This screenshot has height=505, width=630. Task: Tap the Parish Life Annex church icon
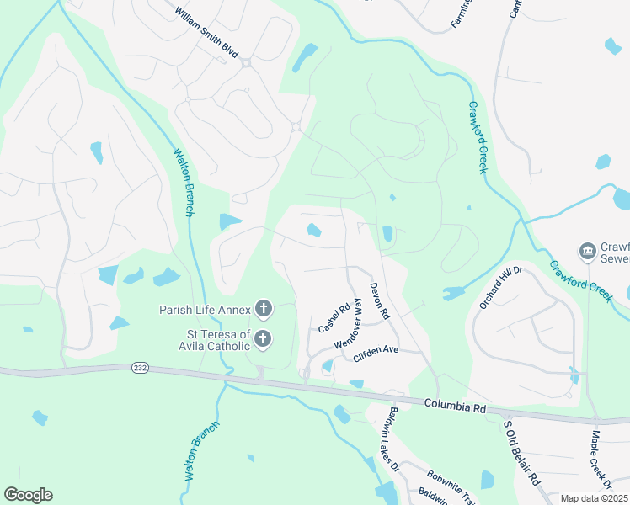point(264,310)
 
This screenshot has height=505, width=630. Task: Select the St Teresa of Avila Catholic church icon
point(263,340)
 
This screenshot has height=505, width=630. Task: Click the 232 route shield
point(140,368)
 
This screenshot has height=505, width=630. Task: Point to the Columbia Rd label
point(456,407)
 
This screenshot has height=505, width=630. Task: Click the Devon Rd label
point(380,300)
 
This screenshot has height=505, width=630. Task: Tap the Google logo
point(28,495)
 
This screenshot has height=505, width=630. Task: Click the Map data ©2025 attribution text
point(595,498)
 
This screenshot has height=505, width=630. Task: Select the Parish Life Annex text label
point(205,310)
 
